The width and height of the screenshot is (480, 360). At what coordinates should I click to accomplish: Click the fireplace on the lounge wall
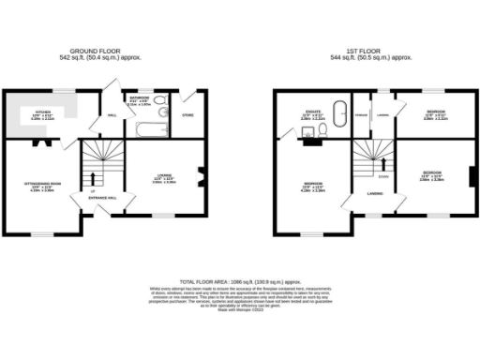pyautogui.click(x=199, y=172)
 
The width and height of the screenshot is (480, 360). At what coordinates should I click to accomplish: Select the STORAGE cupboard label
pyautogui.click(x=361, y=115)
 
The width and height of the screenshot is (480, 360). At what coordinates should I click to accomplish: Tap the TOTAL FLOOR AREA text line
pyautogui.click(x=240, y=280)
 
